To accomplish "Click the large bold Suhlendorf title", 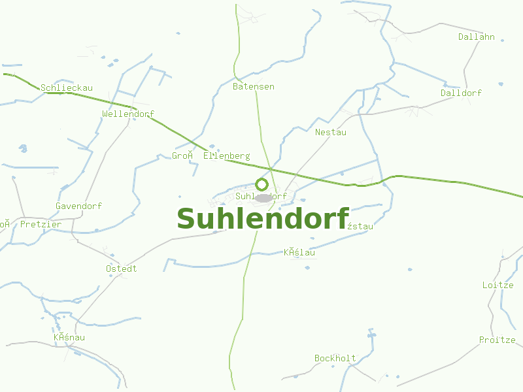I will [263, 219].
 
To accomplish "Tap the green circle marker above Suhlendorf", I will [261, 184].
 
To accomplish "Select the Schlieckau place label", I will [67, 88].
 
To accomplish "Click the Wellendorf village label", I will [128, 114].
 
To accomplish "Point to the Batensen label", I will [254, 87].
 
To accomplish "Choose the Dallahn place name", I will [477, 37].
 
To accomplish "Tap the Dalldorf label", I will [461, 93].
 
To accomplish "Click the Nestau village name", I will [331, 133].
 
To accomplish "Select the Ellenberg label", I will [227, 156].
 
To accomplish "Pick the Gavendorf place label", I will [78, 206].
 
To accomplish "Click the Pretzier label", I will [41, 225].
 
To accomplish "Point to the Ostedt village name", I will [122, 269].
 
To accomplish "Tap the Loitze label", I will [498, 286].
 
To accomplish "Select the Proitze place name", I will [497, 340].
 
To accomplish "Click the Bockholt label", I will [335, 359].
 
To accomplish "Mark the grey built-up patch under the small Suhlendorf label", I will [263, 198].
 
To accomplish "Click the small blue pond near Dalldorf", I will [501, 84].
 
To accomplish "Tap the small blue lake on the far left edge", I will [24, 149].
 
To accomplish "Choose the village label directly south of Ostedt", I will [69, 338].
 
